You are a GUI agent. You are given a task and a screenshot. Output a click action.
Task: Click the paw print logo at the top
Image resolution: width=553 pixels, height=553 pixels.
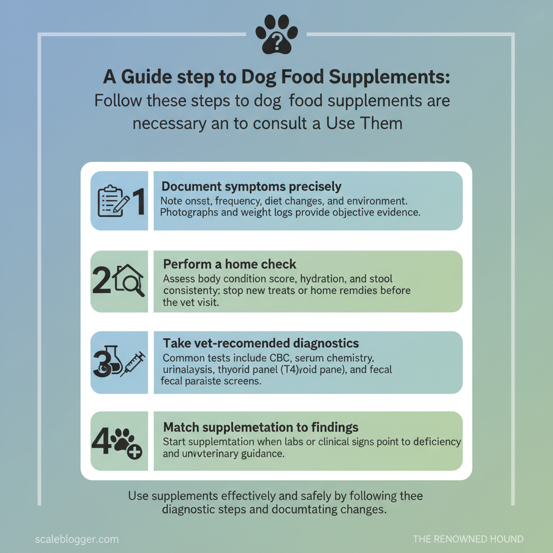[276, 33]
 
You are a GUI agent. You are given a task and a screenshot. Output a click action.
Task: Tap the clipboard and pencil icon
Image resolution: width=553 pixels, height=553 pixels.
[113, 201]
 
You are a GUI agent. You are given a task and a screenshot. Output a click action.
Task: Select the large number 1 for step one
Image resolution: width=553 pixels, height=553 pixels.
[138, 201]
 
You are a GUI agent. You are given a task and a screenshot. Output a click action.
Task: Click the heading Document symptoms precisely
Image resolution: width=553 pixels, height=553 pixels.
[252, 187]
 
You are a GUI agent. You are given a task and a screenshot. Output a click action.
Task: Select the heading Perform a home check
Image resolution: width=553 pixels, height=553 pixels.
[230, 265]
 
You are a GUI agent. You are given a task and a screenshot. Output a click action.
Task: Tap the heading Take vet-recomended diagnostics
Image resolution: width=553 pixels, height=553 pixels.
[261, 343]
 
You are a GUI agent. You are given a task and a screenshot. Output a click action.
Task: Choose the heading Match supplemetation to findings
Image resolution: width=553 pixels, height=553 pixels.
[261, 427]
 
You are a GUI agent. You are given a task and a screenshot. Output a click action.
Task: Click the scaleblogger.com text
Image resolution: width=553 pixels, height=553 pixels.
[76, 539]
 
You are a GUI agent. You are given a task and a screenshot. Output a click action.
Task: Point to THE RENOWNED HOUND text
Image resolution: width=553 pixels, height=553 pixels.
[468, 539]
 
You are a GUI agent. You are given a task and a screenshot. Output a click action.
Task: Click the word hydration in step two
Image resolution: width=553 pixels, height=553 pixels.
[306, 279]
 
